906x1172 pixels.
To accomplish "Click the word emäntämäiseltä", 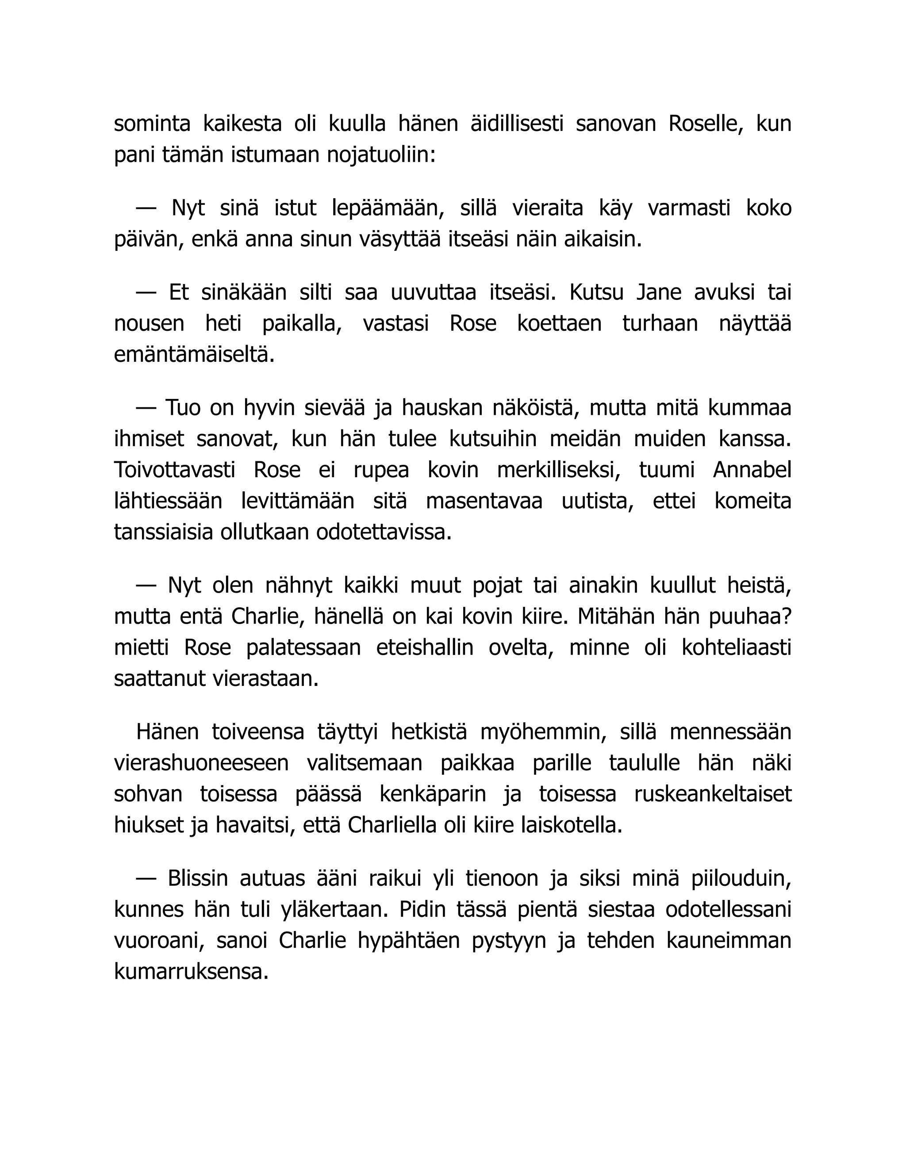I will [x=194, y=355].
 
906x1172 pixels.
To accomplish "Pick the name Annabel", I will [x=752, y=470].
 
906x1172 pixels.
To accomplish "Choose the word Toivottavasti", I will [x=175, y=470].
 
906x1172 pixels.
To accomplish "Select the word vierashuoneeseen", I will [x=201, y=763].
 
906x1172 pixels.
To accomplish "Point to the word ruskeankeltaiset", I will [x=713, y=794].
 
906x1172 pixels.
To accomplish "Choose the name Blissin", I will [x=197, y=878].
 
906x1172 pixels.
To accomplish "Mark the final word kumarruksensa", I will [x=191, y=972].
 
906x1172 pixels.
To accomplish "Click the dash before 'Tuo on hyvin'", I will [x=146, y=408].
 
